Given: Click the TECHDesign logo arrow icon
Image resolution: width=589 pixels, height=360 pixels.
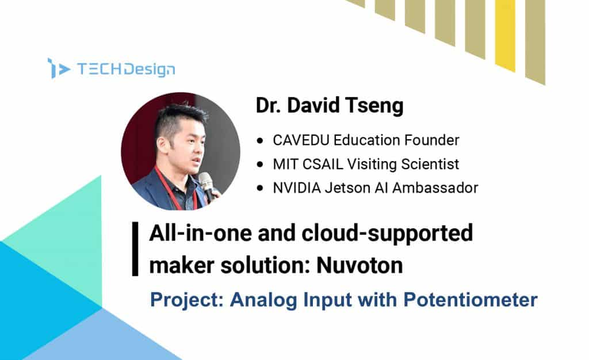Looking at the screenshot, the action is point(59,68).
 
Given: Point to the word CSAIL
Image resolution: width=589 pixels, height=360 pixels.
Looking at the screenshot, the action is point(323,164).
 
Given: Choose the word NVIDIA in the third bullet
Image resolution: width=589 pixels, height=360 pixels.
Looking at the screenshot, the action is point(297,187).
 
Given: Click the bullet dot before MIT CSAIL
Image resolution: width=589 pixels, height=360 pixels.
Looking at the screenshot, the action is point(260,164).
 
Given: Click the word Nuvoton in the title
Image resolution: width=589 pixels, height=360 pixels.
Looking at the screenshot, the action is point(359,265).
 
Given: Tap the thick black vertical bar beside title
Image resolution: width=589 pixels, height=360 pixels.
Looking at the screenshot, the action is point(135,249).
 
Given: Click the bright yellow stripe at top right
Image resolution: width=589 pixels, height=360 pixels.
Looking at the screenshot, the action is point(505,35).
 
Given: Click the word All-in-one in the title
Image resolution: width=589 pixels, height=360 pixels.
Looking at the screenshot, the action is point(200,233).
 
